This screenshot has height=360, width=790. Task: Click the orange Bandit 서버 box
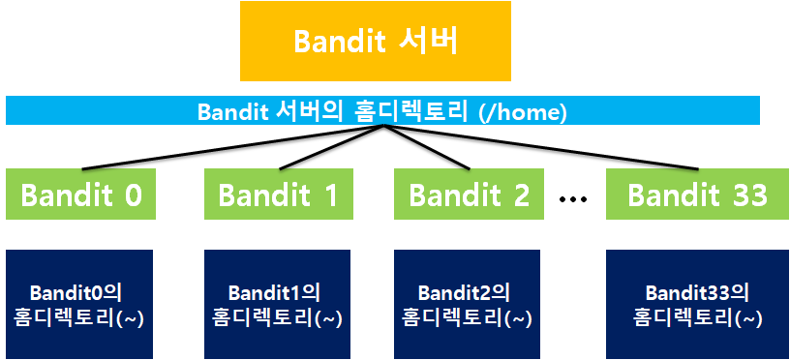coord(376,41)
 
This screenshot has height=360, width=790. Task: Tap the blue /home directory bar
coord(382,110)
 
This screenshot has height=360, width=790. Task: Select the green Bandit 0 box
coord(80,194)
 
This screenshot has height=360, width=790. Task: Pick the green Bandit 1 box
coord(279,194)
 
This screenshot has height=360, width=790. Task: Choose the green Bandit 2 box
coord(469,194)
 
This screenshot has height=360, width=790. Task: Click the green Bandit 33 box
coord(697,194)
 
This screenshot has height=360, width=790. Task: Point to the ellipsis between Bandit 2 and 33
coord(573,199)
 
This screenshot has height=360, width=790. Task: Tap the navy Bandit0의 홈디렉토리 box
coord(79,304)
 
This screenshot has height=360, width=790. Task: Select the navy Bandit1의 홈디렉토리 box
coord(277,304)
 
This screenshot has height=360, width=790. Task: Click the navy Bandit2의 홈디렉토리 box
coord(467,304)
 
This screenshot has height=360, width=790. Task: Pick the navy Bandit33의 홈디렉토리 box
coord(697,304)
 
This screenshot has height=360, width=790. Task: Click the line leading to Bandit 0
coord(233,146)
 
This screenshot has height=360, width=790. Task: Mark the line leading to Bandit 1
coord(332,146)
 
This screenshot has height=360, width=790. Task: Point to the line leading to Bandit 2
coord(427,146)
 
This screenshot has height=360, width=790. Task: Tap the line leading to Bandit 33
coord(541,146)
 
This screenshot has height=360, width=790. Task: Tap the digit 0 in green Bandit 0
coord(133,195)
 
